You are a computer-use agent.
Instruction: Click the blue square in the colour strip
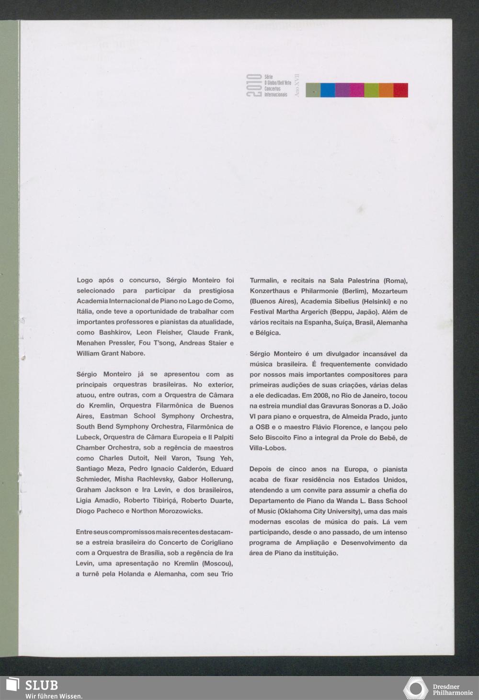(328, 90)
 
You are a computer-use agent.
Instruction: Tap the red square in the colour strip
(401, 90)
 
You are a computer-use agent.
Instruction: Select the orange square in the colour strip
(386, 90)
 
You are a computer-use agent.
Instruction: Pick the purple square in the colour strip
(342, 90)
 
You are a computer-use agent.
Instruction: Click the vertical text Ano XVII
(297, 86)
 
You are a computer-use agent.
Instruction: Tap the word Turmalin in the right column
(263, 281)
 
